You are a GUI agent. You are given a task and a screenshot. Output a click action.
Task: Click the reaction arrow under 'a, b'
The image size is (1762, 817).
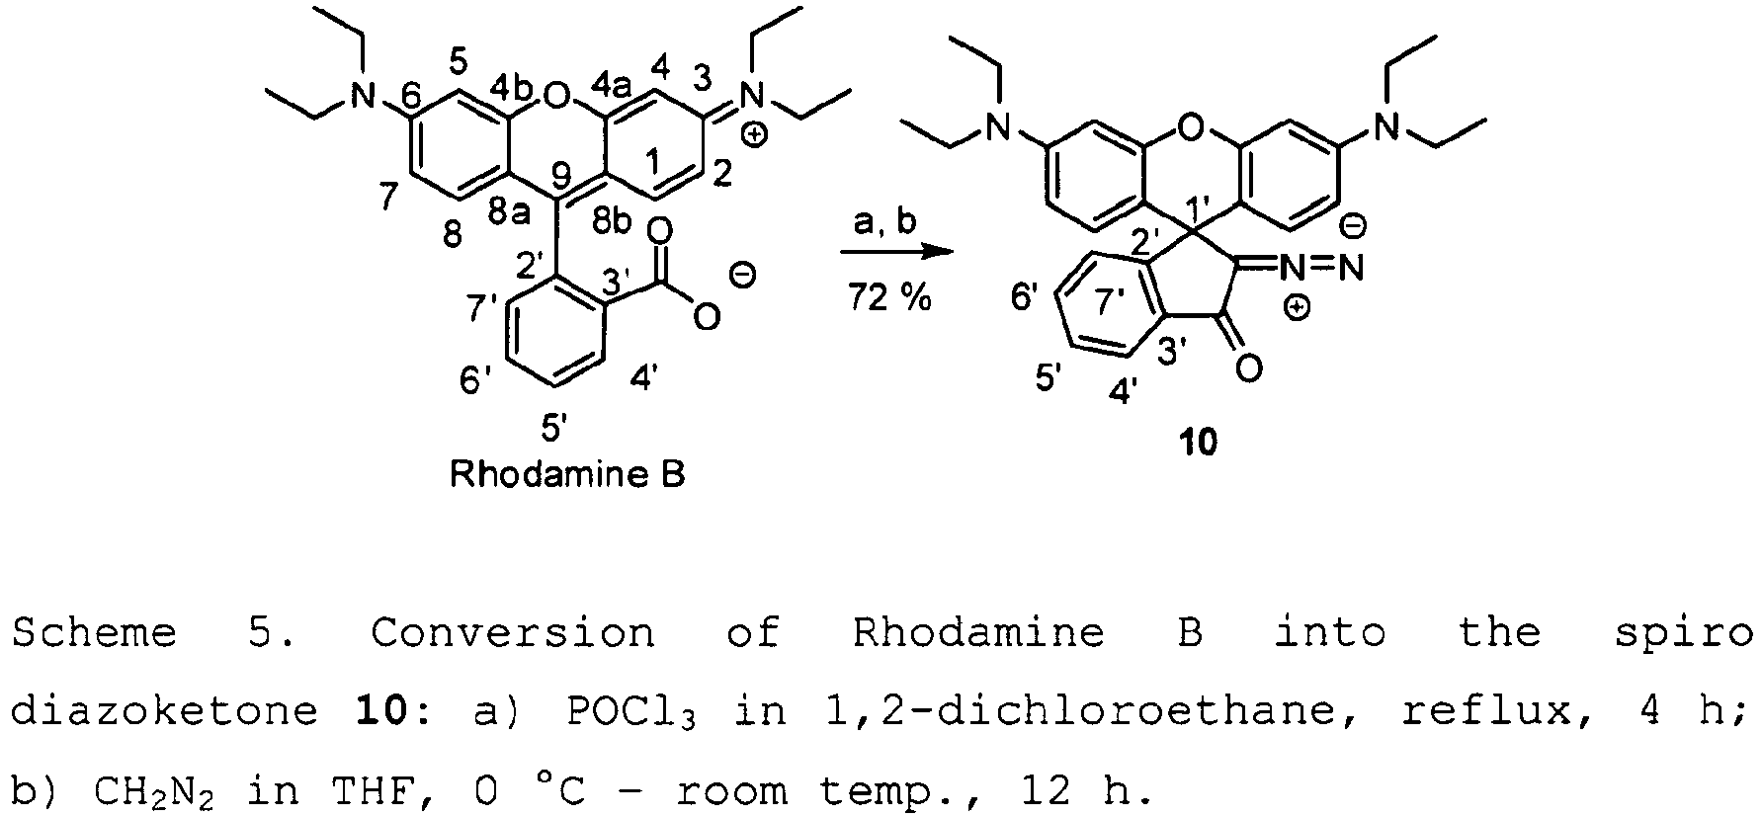897,253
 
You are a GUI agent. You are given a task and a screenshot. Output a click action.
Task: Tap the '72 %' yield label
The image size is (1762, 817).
889,296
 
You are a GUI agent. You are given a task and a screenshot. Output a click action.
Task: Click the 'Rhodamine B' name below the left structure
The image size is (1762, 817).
567,475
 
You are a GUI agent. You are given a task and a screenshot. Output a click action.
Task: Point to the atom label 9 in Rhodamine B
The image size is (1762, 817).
563,177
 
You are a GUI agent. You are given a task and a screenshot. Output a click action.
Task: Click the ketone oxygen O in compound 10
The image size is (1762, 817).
1249,368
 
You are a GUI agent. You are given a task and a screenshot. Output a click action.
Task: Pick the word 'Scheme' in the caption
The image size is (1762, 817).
95,632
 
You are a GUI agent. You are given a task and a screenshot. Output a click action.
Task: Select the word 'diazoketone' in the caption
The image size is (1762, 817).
164,711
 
